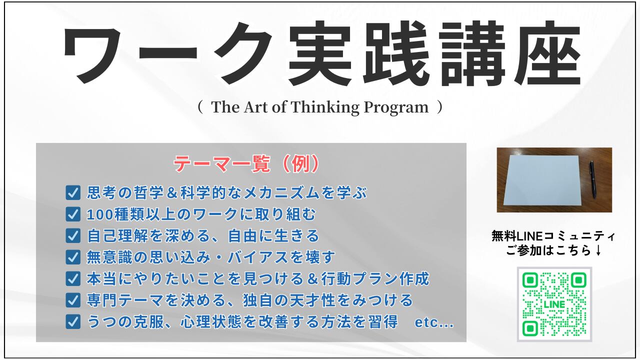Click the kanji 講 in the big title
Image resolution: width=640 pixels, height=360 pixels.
point(472,53)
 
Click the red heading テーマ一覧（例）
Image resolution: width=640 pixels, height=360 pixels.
point(246,164)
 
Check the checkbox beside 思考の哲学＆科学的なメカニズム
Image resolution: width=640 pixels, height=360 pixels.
point(73,193)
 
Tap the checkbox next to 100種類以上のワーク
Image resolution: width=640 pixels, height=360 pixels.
point(73,214)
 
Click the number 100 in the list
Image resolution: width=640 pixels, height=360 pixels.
point(99,214)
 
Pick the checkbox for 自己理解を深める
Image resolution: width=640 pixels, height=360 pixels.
point(73,235)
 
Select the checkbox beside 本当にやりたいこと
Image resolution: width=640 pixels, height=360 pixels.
point(73,278)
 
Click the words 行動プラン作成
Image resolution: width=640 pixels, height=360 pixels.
point(375,278)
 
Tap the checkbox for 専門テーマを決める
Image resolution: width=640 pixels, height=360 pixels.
point(73,300)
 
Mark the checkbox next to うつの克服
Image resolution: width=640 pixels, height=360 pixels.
point(73,321)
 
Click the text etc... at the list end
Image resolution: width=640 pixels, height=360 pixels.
point(434,323)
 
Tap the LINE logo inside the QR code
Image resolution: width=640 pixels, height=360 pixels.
point(554,304)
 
